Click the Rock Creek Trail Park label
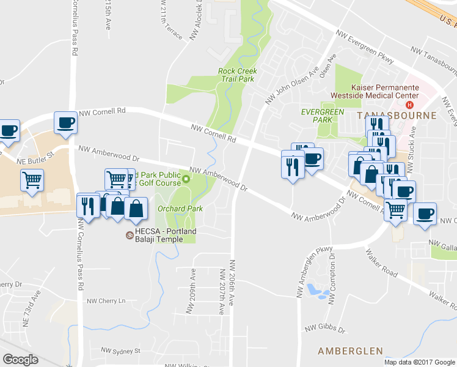[x=237, y=75]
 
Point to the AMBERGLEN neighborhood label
[x=350, y=351]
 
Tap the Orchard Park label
[x=180, y=209]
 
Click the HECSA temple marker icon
[x=129, y=235]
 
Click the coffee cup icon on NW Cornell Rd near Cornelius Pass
[x=65, y=122]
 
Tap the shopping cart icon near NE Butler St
[x=32, y=180]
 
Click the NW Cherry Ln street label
[x=105, y=301]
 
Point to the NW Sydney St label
[x=120, y=351]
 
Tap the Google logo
[x=20, y=360]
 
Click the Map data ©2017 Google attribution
[x=419, y=362]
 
